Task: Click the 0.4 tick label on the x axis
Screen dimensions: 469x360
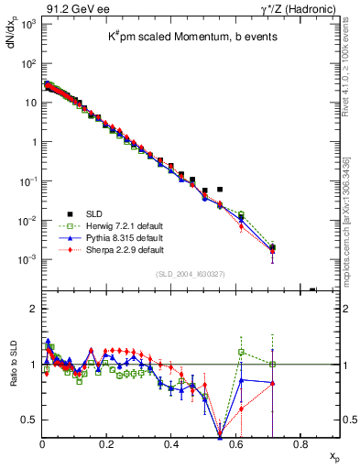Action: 171,444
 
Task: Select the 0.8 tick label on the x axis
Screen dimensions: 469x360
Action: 300,444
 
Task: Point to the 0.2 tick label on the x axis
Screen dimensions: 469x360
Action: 106,444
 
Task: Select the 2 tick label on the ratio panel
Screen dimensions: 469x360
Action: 33,309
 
